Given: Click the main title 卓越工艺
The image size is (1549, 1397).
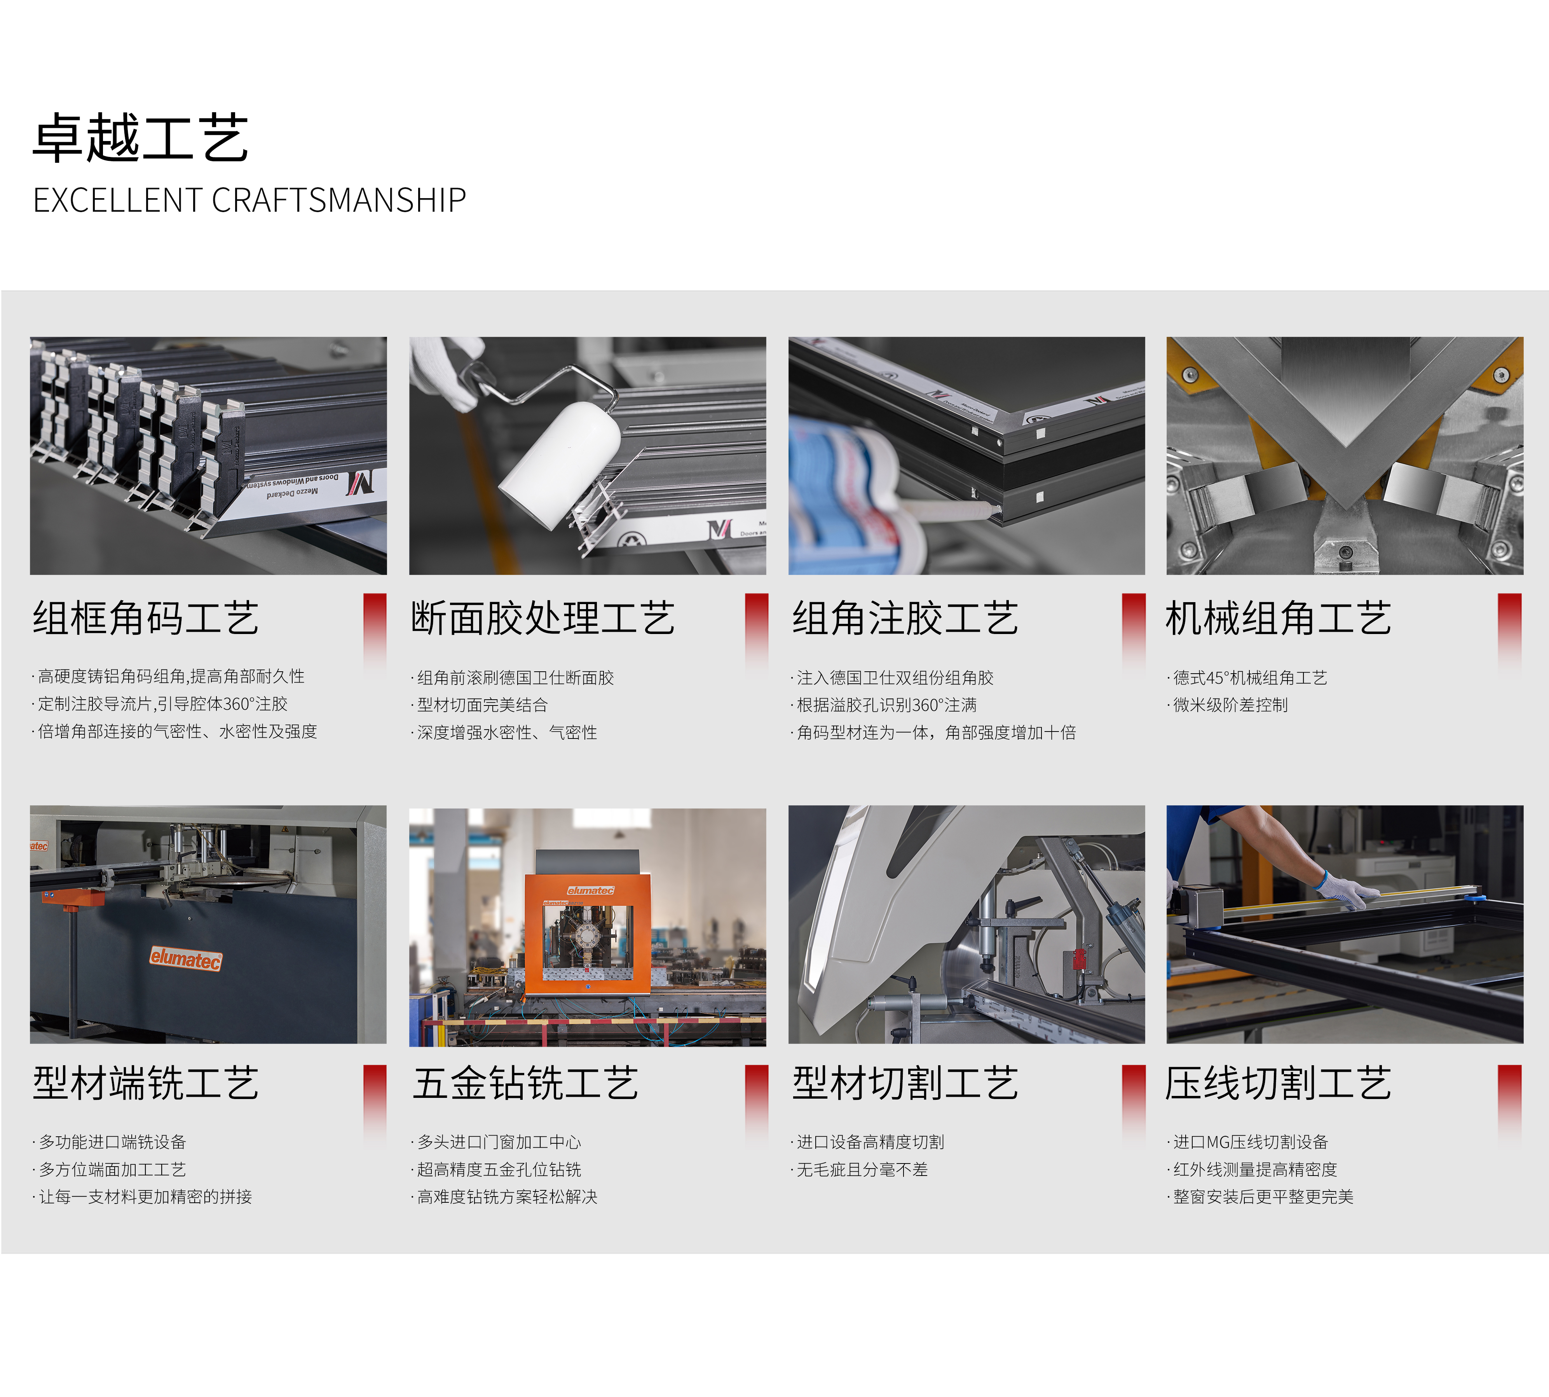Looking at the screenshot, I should coord(141,138).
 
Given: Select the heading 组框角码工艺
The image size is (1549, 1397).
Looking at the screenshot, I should coord(145,619).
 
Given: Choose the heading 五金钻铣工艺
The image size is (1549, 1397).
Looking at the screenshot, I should coord(525,1084).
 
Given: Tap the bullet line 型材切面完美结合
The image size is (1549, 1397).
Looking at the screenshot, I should coord(481,705).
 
